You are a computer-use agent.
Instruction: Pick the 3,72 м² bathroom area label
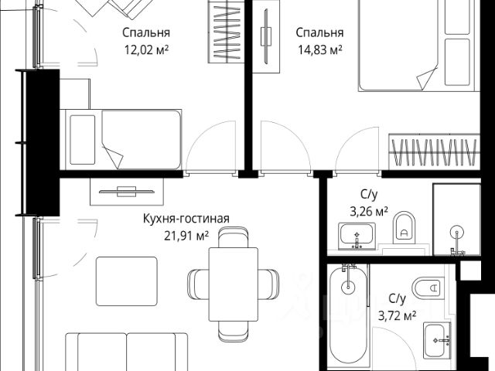click(398, 315)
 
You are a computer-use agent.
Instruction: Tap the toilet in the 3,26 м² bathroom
click(405, 226)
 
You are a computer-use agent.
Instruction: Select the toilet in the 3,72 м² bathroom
click(427, 288)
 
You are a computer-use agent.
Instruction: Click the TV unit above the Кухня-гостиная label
click(127, 190)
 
